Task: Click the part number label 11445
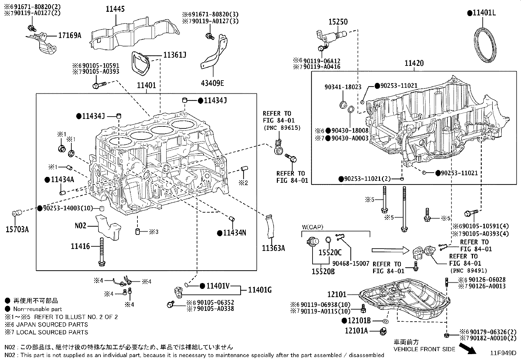pos(115,9)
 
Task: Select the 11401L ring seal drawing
pos(485,45)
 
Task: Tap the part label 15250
pos(338,22)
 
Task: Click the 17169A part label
pos(69,35)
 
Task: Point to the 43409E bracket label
pos(212,83)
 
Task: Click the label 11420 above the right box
pos(414,63)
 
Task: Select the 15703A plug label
pos(17,229)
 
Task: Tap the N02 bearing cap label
pos(81,225)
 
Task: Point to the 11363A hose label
pos(273,248)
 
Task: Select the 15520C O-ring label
pos(330,253)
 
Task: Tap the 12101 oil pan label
pos(337,294)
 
